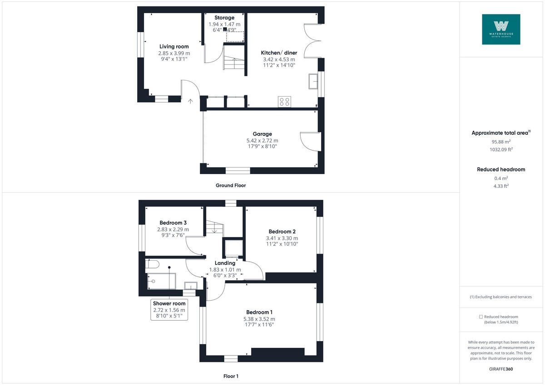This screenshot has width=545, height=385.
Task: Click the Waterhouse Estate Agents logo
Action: coord(501,29)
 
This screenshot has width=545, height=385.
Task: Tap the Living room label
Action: coord(174,46)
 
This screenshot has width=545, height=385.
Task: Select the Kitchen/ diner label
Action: coord(279,53)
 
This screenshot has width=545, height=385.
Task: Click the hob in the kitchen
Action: coord(285,102)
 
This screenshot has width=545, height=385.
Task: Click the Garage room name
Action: coord(263,134)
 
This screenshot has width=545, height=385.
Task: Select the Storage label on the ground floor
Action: coord(224,18)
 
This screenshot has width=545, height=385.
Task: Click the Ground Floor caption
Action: coord(231,185)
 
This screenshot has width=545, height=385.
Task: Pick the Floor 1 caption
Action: coord(231,376)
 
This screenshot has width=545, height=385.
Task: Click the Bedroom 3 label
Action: coord(173,223)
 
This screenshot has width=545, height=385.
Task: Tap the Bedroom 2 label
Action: coord(282,231)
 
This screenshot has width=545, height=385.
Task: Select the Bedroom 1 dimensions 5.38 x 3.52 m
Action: coord(259,319)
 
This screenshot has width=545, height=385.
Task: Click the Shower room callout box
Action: coord(169,310)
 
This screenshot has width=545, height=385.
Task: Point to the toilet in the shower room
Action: coord(152,263)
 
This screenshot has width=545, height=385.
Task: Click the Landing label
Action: coord(225,263)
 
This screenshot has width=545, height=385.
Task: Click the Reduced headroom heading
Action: coord(501,169)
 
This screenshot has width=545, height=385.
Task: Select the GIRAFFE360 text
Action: coord(501,369)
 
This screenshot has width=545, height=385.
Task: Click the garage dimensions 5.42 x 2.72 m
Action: coord(263,141)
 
